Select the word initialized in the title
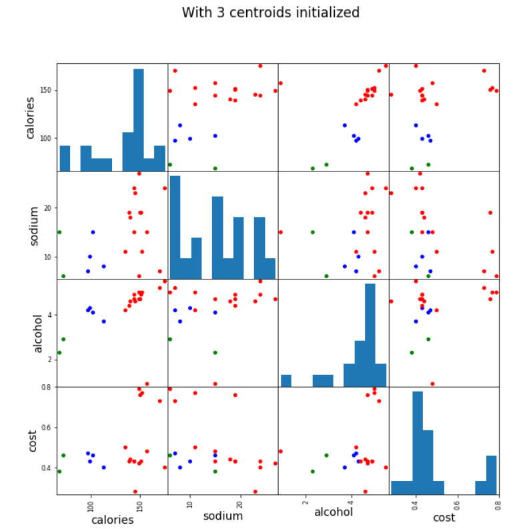tap(326, 13)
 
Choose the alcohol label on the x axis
tap(333, 512)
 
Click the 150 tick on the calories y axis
tap(48, 91)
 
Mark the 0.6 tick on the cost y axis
tap(48, 428)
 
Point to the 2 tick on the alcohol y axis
tap(51, 360)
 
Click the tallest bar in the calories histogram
tap(138, 120)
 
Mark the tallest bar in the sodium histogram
tap(175, 227)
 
